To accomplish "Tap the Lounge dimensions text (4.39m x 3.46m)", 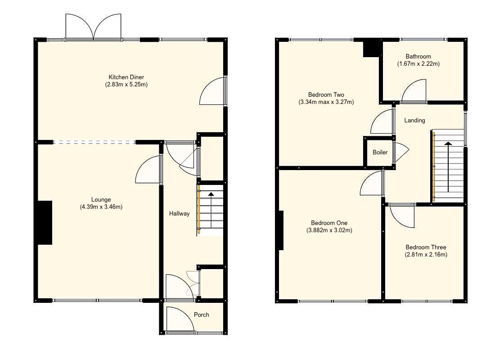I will click(x=101, y=207).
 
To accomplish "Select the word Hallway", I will click(x=179, y=214).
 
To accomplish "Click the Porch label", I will click(x=201, y=315).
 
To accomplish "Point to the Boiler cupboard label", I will click(x=380, y=153).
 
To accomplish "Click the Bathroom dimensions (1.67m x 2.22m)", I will click(x=418, y=64).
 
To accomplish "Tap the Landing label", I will click(x=414, y=120).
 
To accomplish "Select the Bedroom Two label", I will click(x=326, y=94).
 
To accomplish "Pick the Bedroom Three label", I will click(x=426, y=247).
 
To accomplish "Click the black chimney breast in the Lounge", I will click(x=45, y=223).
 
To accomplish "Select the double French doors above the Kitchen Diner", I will click(x=94, y=27).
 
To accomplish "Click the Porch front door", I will click(x=180, y=320).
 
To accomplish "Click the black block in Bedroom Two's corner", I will click(x=372, y=49).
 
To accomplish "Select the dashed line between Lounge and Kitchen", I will click(x=94, y=142).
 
